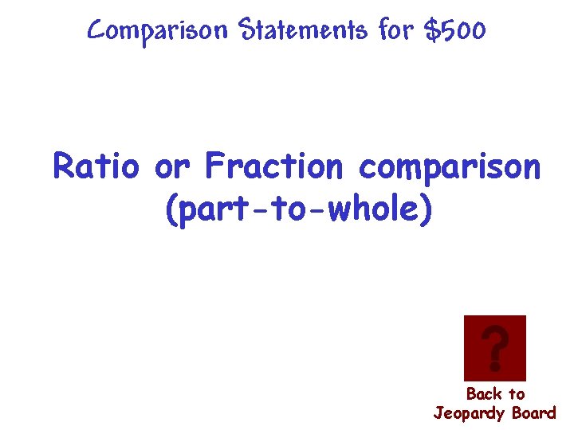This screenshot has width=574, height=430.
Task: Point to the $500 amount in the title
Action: tap(455, 31)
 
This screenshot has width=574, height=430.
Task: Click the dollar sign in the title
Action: tap(433, 31)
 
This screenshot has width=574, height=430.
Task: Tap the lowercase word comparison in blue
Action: tap(450, 169)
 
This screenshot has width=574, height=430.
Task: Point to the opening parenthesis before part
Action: tap(171, 209)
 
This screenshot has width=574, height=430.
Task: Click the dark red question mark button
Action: tap(494, 348)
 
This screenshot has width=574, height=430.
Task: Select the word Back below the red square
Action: tap(483, 393)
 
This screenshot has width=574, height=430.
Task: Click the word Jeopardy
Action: tap(470, 413)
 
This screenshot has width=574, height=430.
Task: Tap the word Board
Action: tap(534, 412)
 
